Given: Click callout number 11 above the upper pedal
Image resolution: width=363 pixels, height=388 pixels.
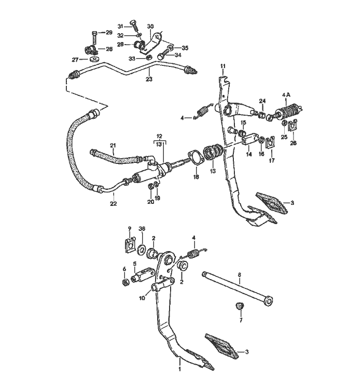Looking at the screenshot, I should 223,66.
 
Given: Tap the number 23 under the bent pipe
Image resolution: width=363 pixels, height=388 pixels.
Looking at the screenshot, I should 149,80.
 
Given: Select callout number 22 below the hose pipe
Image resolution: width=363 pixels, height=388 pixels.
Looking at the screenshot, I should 113,204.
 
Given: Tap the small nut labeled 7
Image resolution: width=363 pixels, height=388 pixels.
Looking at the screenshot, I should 240,306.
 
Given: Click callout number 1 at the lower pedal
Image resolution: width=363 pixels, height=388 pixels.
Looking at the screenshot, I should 180,369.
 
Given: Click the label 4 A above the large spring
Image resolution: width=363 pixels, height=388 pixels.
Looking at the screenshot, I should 287,95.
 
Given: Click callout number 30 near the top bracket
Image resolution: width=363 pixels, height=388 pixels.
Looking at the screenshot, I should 150,26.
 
